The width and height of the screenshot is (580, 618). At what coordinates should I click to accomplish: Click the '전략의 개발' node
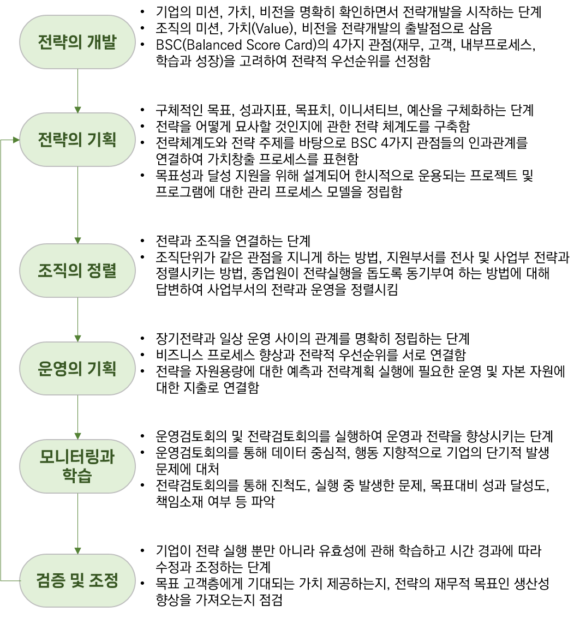click(x=77, y=42)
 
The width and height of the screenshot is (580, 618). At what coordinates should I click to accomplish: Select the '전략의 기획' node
click(x=77, y=140)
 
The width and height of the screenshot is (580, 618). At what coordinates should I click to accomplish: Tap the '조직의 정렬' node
click(x=77, y=271)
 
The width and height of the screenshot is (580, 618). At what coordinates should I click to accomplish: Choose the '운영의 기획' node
click(x=77, y=368)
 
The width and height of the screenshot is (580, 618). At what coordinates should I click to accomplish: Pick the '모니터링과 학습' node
click(x=77, y=466)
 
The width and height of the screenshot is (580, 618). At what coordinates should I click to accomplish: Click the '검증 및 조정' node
click(x=77, y=580)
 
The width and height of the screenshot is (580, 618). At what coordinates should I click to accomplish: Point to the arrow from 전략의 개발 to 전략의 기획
click(x=77, y=91)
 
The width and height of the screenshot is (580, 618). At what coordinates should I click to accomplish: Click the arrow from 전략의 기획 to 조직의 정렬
click(x=77, y=205)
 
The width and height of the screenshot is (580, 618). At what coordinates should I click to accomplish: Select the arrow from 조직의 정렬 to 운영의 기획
click(x=77, y=319)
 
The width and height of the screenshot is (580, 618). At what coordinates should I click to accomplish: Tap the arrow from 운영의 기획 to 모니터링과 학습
click(x=77, y=417)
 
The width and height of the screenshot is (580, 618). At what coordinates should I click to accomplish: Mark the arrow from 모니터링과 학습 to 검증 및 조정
click(x=77, y=524)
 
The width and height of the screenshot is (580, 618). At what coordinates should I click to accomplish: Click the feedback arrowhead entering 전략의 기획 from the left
click(x=16, y=140)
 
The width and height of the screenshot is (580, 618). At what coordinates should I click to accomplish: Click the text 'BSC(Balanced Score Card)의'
click(x=242, y=45)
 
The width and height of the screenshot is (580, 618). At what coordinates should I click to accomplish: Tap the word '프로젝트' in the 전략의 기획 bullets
click(x=493, y=176)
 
